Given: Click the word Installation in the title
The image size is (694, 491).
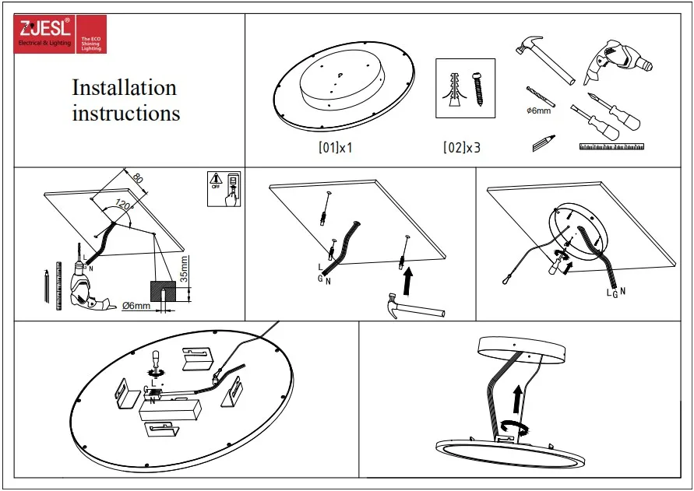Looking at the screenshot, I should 124,87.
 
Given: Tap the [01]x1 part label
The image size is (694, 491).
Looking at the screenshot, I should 336,146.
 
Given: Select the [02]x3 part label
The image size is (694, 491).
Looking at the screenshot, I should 462,146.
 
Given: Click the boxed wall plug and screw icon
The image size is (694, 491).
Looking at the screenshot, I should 464,89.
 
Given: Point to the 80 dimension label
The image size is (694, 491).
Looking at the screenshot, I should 137,178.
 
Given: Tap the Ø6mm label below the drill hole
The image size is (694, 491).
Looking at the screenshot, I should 136,306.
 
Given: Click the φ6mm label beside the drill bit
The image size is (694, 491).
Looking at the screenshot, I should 538,111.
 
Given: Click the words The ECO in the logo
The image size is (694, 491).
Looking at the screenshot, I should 88,37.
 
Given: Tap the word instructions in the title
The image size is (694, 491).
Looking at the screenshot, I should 126,113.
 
